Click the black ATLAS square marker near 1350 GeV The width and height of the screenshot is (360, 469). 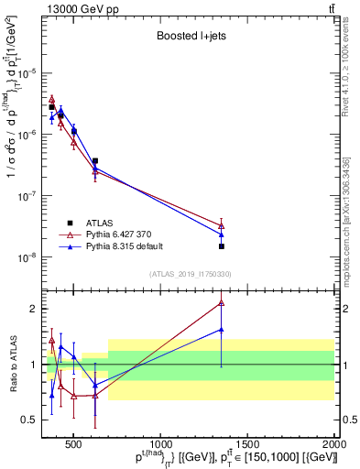coord(222,246)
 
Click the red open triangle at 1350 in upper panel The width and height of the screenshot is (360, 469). coord(222,225)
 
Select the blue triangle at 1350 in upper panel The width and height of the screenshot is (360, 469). coord(222,234)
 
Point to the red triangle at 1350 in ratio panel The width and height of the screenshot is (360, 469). coord(222,303)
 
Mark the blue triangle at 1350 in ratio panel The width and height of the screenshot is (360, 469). coord(222,330)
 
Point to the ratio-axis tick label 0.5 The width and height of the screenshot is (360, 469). coord(29,420)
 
